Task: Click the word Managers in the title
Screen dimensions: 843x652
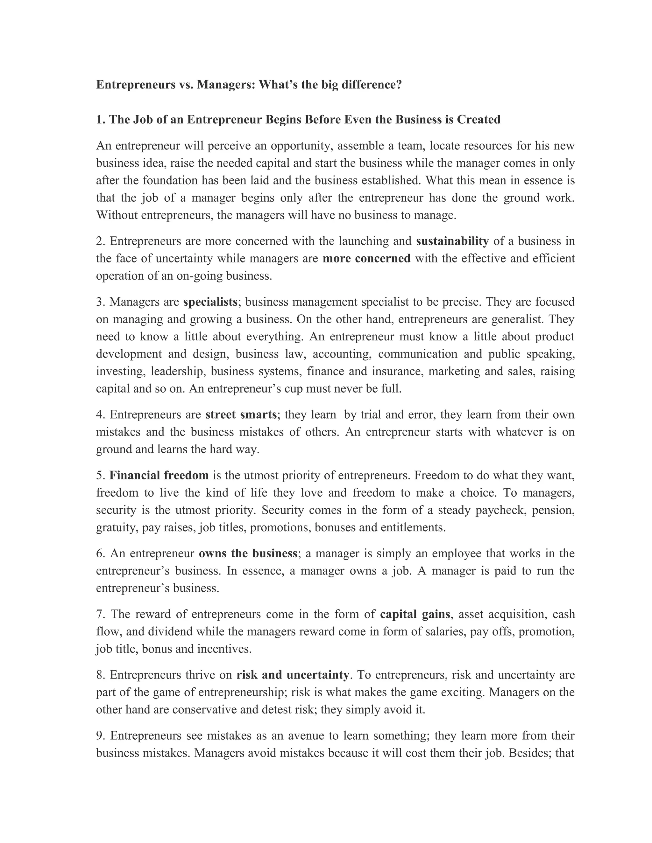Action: [225, 85]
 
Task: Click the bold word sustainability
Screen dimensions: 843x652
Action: [452, 241]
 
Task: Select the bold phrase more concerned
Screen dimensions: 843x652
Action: [366, 259]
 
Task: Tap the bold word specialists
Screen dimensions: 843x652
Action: [210, 302]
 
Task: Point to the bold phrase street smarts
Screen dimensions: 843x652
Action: [241, 415]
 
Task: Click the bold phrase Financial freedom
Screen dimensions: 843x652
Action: [159, 476]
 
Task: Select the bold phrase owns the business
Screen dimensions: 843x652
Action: [248, 554]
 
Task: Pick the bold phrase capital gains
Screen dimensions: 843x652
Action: [415, 614]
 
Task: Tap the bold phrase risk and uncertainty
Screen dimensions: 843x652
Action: [293, 675]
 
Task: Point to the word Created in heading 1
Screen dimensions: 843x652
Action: [478, 120]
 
